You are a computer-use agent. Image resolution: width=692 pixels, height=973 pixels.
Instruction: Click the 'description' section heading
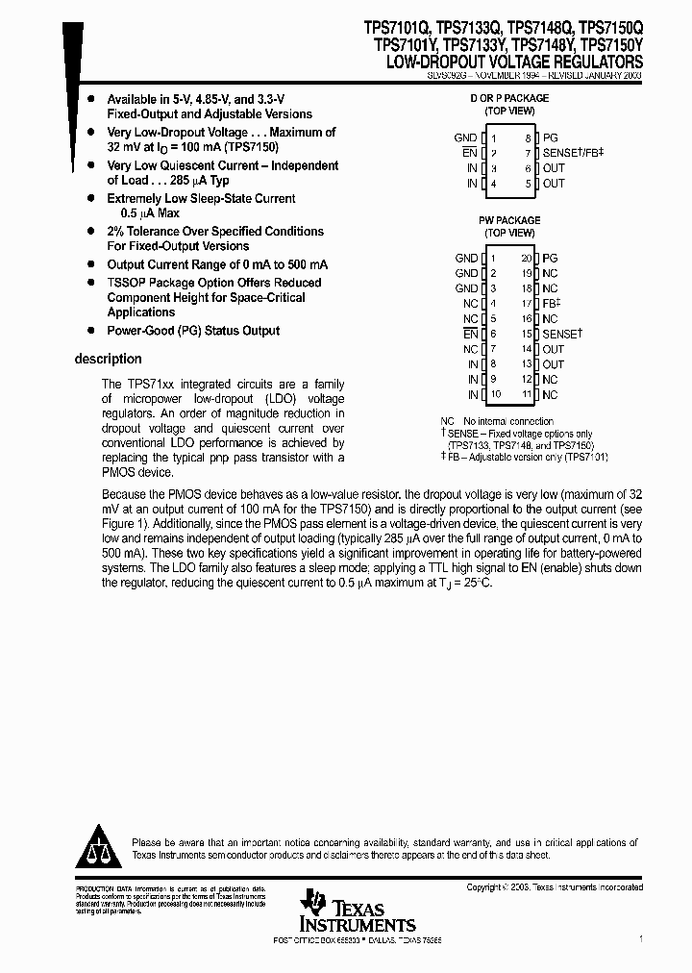(108, 359)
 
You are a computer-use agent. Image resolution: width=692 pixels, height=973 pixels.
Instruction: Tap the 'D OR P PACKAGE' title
(508, 98)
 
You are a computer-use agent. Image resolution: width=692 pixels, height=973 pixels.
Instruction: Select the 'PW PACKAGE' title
(509, 220)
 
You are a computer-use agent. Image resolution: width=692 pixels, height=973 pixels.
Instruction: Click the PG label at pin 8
(550, 138)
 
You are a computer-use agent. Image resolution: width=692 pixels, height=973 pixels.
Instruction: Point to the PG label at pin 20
(550, 259)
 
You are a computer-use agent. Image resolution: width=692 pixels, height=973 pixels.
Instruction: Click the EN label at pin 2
(469, 153)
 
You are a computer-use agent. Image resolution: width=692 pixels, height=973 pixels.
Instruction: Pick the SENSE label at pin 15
(561, 335)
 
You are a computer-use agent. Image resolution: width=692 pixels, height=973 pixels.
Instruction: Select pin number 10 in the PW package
(496, 395)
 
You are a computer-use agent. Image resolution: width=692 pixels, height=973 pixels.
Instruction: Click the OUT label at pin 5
(554, 184)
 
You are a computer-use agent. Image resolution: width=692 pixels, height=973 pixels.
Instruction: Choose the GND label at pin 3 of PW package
(466, 288)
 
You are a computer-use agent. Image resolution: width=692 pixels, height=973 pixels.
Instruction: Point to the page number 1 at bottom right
(640, 936)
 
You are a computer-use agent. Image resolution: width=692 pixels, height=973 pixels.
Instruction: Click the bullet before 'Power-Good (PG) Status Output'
(91, 331)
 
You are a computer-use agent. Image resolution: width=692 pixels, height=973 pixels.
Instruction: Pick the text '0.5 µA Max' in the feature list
(152, 212)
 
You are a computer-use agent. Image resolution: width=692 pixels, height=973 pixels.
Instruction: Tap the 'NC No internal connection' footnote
(497, 421)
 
